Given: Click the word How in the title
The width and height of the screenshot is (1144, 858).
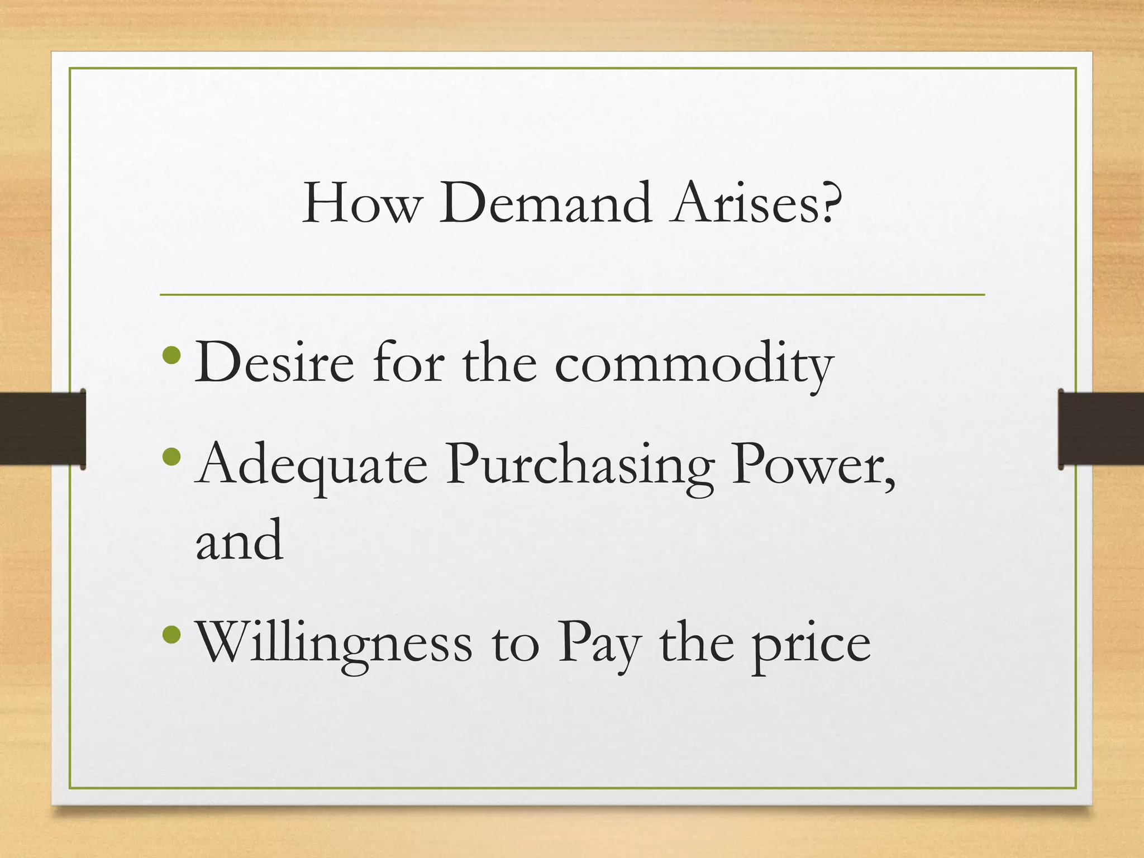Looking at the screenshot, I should click(360, 203).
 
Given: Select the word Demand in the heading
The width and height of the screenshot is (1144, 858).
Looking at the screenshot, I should click(545, 203).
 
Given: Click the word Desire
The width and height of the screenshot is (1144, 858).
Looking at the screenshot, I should click(274, 363).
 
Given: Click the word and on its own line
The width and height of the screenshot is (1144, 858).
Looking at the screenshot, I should click(239, 540).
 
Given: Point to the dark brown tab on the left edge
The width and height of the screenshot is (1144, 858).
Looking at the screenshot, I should click(42, 428).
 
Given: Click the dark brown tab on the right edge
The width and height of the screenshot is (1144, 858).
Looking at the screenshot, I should click(1100, 428).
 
